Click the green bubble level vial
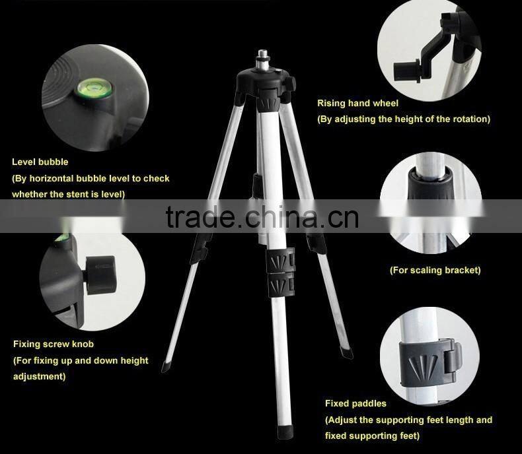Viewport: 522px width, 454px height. (94, 88)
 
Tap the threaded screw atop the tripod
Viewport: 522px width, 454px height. (263, 60)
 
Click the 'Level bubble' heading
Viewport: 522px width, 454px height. (40, 162)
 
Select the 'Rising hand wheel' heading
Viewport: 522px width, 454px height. (357, 103)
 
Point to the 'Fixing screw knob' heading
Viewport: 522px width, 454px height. (54, 344)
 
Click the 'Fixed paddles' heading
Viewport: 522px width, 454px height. (355, 403)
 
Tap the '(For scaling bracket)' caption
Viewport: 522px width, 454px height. (435, 270)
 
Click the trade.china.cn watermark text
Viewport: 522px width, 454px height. (262, 217)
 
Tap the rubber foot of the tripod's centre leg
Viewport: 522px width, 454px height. (285, 432)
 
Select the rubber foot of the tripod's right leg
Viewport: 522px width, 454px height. (347, 352)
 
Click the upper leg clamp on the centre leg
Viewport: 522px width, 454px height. (280, 261)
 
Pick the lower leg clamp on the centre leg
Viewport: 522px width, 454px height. (281, 285)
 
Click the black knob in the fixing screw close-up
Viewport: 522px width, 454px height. (100, 275)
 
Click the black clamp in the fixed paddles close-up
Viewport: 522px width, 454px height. (430, 364)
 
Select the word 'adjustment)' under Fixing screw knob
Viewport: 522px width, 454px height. (39, 376)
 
